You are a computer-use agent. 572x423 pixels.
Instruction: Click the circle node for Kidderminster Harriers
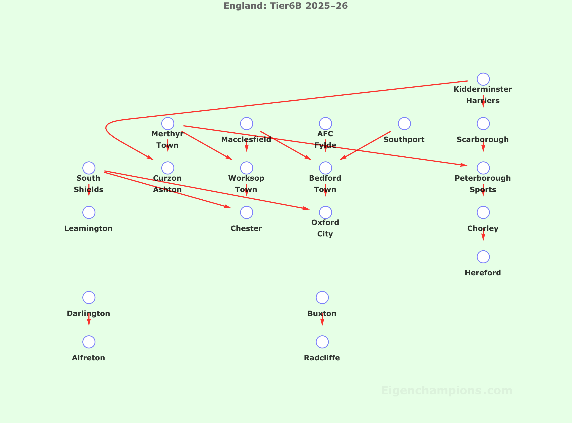click(483, 79)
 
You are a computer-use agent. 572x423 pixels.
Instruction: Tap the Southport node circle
click(404, 123)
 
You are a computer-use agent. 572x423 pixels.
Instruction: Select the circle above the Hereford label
click(483, 257)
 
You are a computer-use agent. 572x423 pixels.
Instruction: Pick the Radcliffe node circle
click(322, 342)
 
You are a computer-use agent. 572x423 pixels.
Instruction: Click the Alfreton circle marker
click(89, 342)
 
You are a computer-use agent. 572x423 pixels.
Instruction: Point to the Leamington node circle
click(89, 212)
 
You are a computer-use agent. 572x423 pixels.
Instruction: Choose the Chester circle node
click(246, 212)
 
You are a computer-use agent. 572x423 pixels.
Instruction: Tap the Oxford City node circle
click(325, 212)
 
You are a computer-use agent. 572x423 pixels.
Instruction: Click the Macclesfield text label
click(246, 139)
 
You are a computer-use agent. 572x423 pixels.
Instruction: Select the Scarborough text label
click(483, 139)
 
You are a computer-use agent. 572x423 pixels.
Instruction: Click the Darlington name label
click(88, 313)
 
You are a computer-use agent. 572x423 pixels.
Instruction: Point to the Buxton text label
click(322, 313)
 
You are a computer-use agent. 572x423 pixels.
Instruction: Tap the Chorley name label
click(483, 228)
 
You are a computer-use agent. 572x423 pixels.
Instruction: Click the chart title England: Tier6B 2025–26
click(286, 6)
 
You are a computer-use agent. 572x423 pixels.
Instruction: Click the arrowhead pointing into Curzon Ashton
click(150, 158)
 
